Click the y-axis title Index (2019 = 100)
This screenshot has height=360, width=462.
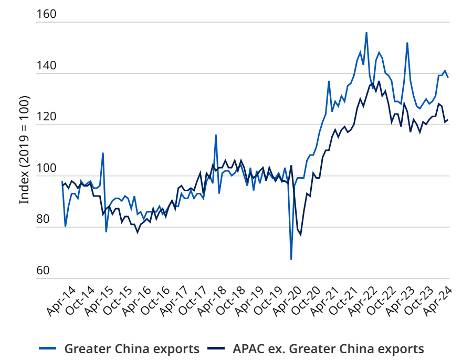(24, 150)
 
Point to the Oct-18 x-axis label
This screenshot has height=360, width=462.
(229, 302)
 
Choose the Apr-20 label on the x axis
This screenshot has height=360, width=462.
(286, 302)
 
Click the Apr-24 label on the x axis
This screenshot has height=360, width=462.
(437, 302)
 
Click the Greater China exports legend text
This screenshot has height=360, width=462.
(131, 348)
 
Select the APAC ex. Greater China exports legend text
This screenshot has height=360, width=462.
(328, 348)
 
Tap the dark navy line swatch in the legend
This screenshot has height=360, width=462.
(218, 348)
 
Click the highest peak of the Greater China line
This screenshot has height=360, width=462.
(366, 33)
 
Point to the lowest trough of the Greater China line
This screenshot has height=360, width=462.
(291, 259)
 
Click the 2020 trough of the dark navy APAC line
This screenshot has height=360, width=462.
(301, 234)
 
